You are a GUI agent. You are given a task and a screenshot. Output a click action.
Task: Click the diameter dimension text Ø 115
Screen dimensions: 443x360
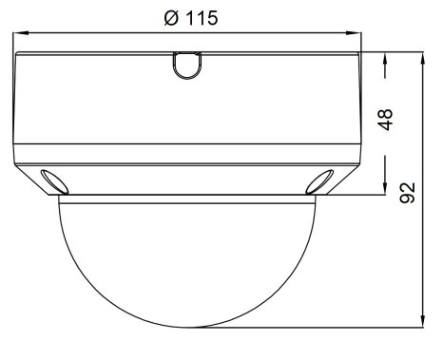click(x=191, y=18)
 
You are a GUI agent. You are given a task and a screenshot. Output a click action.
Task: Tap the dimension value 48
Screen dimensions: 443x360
click(x=385, y=120)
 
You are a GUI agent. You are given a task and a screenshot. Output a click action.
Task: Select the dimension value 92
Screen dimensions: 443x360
click(x=408, y=193)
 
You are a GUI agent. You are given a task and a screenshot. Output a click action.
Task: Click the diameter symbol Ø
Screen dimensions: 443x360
click(x=171, y=18)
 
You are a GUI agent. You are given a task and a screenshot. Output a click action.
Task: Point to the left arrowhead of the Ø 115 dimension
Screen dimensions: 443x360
click(x=21, y=32)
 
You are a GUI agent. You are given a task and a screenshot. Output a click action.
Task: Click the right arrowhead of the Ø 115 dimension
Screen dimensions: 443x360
click(x=354, y=32)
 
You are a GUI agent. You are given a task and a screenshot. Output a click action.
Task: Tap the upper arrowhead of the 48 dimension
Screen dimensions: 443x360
click(x=385, y=60)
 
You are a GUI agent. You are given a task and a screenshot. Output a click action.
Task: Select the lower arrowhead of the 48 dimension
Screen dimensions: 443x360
click(x=385, y=186)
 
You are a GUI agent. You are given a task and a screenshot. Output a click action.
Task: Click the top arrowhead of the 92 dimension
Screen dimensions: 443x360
click(x=422, y=60)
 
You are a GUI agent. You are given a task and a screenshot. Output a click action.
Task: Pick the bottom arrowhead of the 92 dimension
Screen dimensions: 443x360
click(x=422, y=319)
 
